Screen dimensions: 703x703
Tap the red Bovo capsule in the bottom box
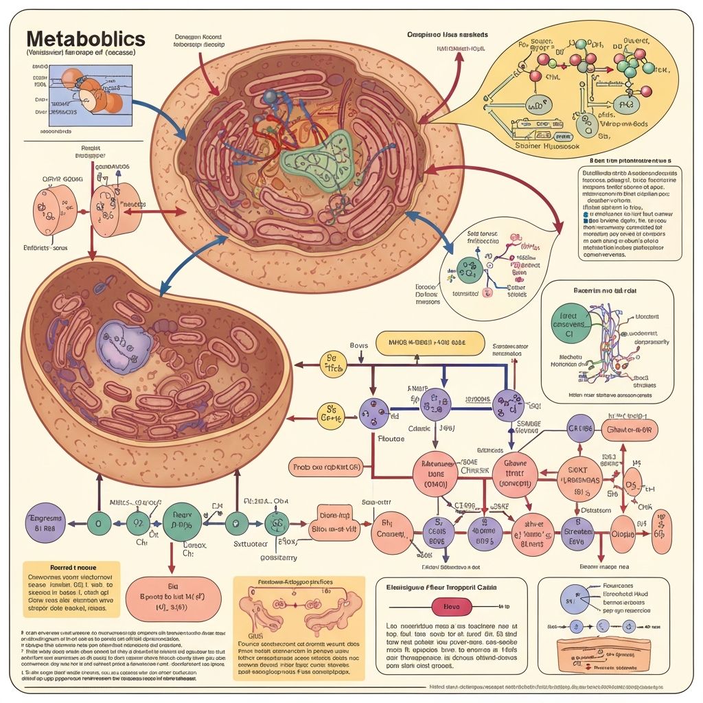pyautogui.click(x=451, y=607)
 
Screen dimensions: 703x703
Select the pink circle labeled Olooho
pyautogui.click(x=623, y=533)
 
